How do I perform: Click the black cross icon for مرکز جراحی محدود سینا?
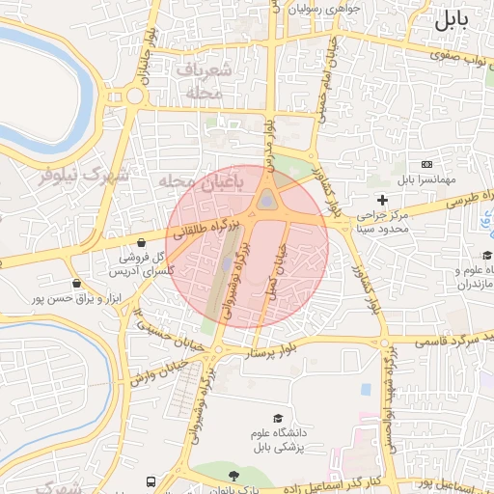[x=383, y=200]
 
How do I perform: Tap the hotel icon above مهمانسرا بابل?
[x=427, y=165]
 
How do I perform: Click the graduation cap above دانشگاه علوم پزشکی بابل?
[x=279, y=419]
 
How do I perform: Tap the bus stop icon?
[x=151, y=481]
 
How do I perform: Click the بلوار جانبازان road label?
[x=147, y=48]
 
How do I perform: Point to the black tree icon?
[x=233, y=476]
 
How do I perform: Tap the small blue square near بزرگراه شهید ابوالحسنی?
[x=366, y=390]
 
